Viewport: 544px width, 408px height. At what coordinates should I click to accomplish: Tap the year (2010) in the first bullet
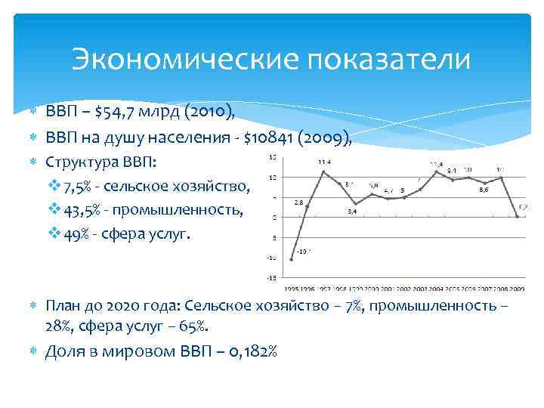click(x=213, y=113)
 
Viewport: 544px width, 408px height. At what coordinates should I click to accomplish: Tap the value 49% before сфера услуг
click(x=79, y=234)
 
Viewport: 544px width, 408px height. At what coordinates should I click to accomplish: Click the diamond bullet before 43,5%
click(x=54, y=210)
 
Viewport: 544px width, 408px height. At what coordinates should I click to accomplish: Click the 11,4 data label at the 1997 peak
click(x=323, y=162)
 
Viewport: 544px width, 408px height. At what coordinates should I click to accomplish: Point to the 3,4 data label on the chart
click(x=352, y=212)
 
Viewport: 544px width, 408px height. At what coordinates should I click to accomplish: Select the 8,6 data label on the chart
click(x=484, y=190)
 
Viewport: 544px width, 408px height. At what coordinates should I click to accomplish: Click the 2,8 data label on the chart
click(x=298, y=202)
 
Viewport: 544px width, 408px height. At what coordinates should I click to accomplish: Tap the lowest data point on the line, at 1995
click(x=292, y=259)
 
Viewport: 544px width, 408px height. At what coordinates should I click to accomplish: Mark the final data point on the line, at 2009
click(x=518, y=216)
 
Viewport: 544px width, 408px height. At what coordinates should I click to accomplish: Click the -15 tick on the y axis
click(x=270, y=279)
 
